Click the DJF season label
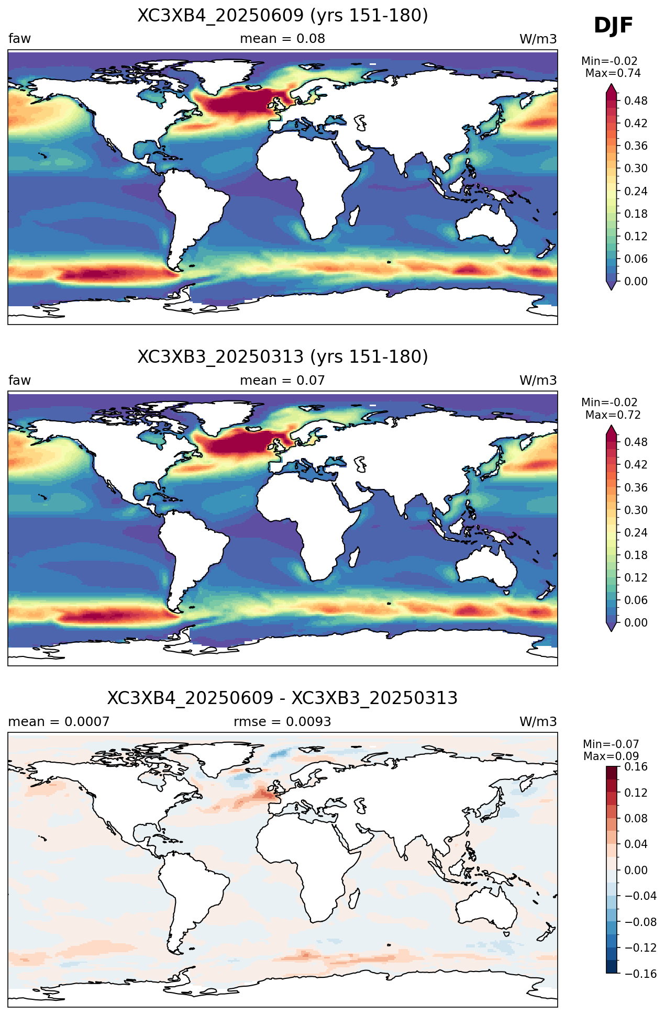[x=613, y=26]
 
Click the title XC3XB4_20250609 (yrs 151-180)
[x=283, y=16]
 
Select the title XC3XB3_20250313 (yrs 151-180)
[x=283, y=357]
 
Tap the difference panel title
[x=283, y=698]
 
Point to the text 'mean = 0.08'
[x=283, y=39]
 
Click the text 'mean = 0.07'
[x=283, y=381]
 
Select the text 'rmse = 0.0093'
[x=283, y=722]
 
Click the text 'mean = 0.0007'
[x=59, y=722]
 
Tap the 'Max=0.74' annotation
[x=613, y=73]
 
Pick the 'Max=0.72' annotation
[x=613, y=415]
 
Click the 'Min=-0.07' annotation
[x=611, y=744]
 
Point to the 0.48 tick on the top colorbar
[x=636, y=101]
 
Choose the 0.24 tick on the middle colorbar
[x=636, y=533]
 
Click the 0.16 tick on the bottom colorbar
[x=636, y=767]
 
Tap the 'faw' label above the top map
[x=20, y=39]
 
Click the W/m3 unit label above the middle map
[x=538, y=381]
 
